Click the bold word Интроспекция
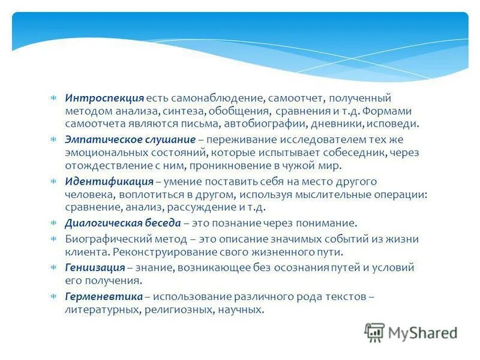[104, 98]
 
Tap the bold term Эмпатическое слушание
[131, 139]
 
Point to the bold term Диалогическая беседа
[122, 223]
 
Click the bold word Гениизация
[95, 268]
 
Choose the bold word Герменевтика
[104, 297]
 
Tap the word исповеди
[394, 124]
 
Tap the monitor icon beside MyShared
[374, 332]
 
